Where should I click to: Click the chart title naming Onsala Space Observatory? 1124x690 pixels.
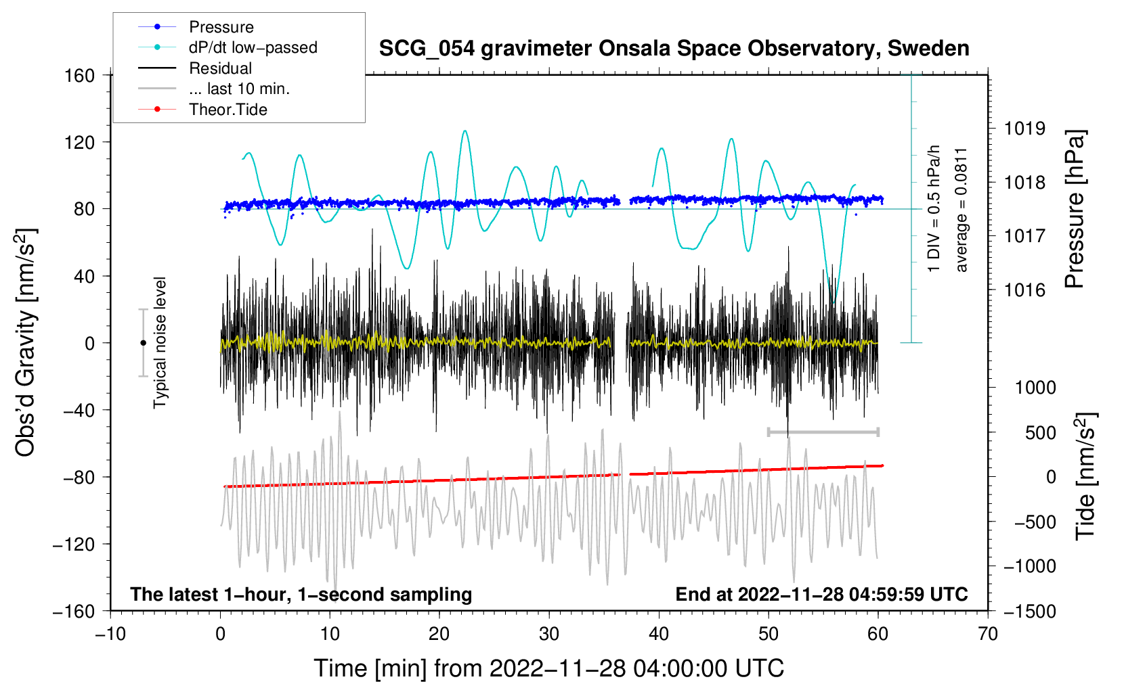tap(674, 49)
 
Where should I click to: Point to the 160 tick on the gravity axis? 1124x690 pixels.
tap(80, 76)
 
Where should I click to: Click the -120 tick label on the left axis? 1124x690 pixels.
tap(74, 544)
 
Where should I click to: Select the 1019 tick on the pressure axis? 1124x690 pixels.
tap(1024, 129)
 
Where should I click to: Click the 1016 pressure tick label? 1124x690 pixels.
tap(1024, 290)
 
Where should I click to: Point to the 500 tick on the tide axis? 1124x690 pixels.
tap(1041, 433)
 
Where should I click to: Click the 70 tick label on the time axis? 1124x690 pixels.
tap(988, 634)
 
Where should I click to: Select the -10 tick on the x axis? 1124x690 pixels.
tap(110, 634)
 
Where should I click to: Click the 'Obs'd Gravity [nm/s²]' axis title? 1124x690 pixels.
tap(26, 343)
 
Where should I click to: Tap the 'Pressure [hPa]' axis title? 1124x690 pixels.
tap(1075, 209)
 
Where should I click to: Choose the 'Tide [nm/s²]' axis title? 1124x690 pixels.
tap(1086, 476)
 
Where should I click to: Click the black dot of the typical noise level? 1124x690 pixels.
tap(143, 343)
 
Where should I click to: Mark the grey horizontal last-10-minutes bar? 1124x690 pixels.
tap(823, 432)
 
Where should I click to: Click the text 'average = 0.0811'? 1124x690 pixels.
tap(961, 210)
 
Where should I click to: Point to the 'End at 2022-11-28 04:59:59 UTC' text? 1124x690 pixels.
tap(821, 594)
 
